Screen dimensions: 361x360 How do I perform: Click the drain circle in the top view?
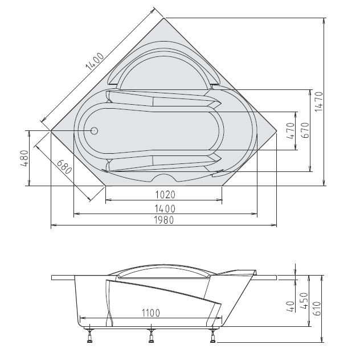pyautogui.click(x=95, y=130)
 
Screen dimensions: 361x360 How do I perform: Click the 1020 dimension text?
pyautogui.click(x=164, y=194)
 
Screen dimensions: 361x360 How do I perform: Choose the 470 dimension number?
pyautogui.click(x=291, y=132)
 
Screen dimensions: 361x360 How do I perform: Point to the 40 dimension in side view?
pyautogui.click(x=291, y=306)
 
